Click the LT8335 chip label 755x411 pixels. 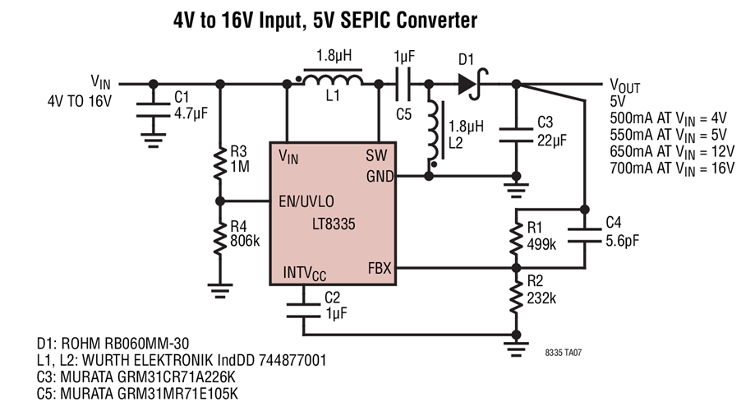click(334, 224)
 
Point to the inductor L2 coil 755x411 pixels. click(432, 136)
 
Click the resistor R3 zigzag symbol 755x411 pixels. click(220, 163)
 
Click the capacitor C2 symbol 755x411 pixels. click(303, 305)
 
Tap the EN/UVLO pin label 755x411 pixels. click(306, 200)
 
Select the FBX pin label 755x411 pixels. click(379, 268)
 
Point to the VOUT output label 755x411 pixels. click(624, 85)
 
